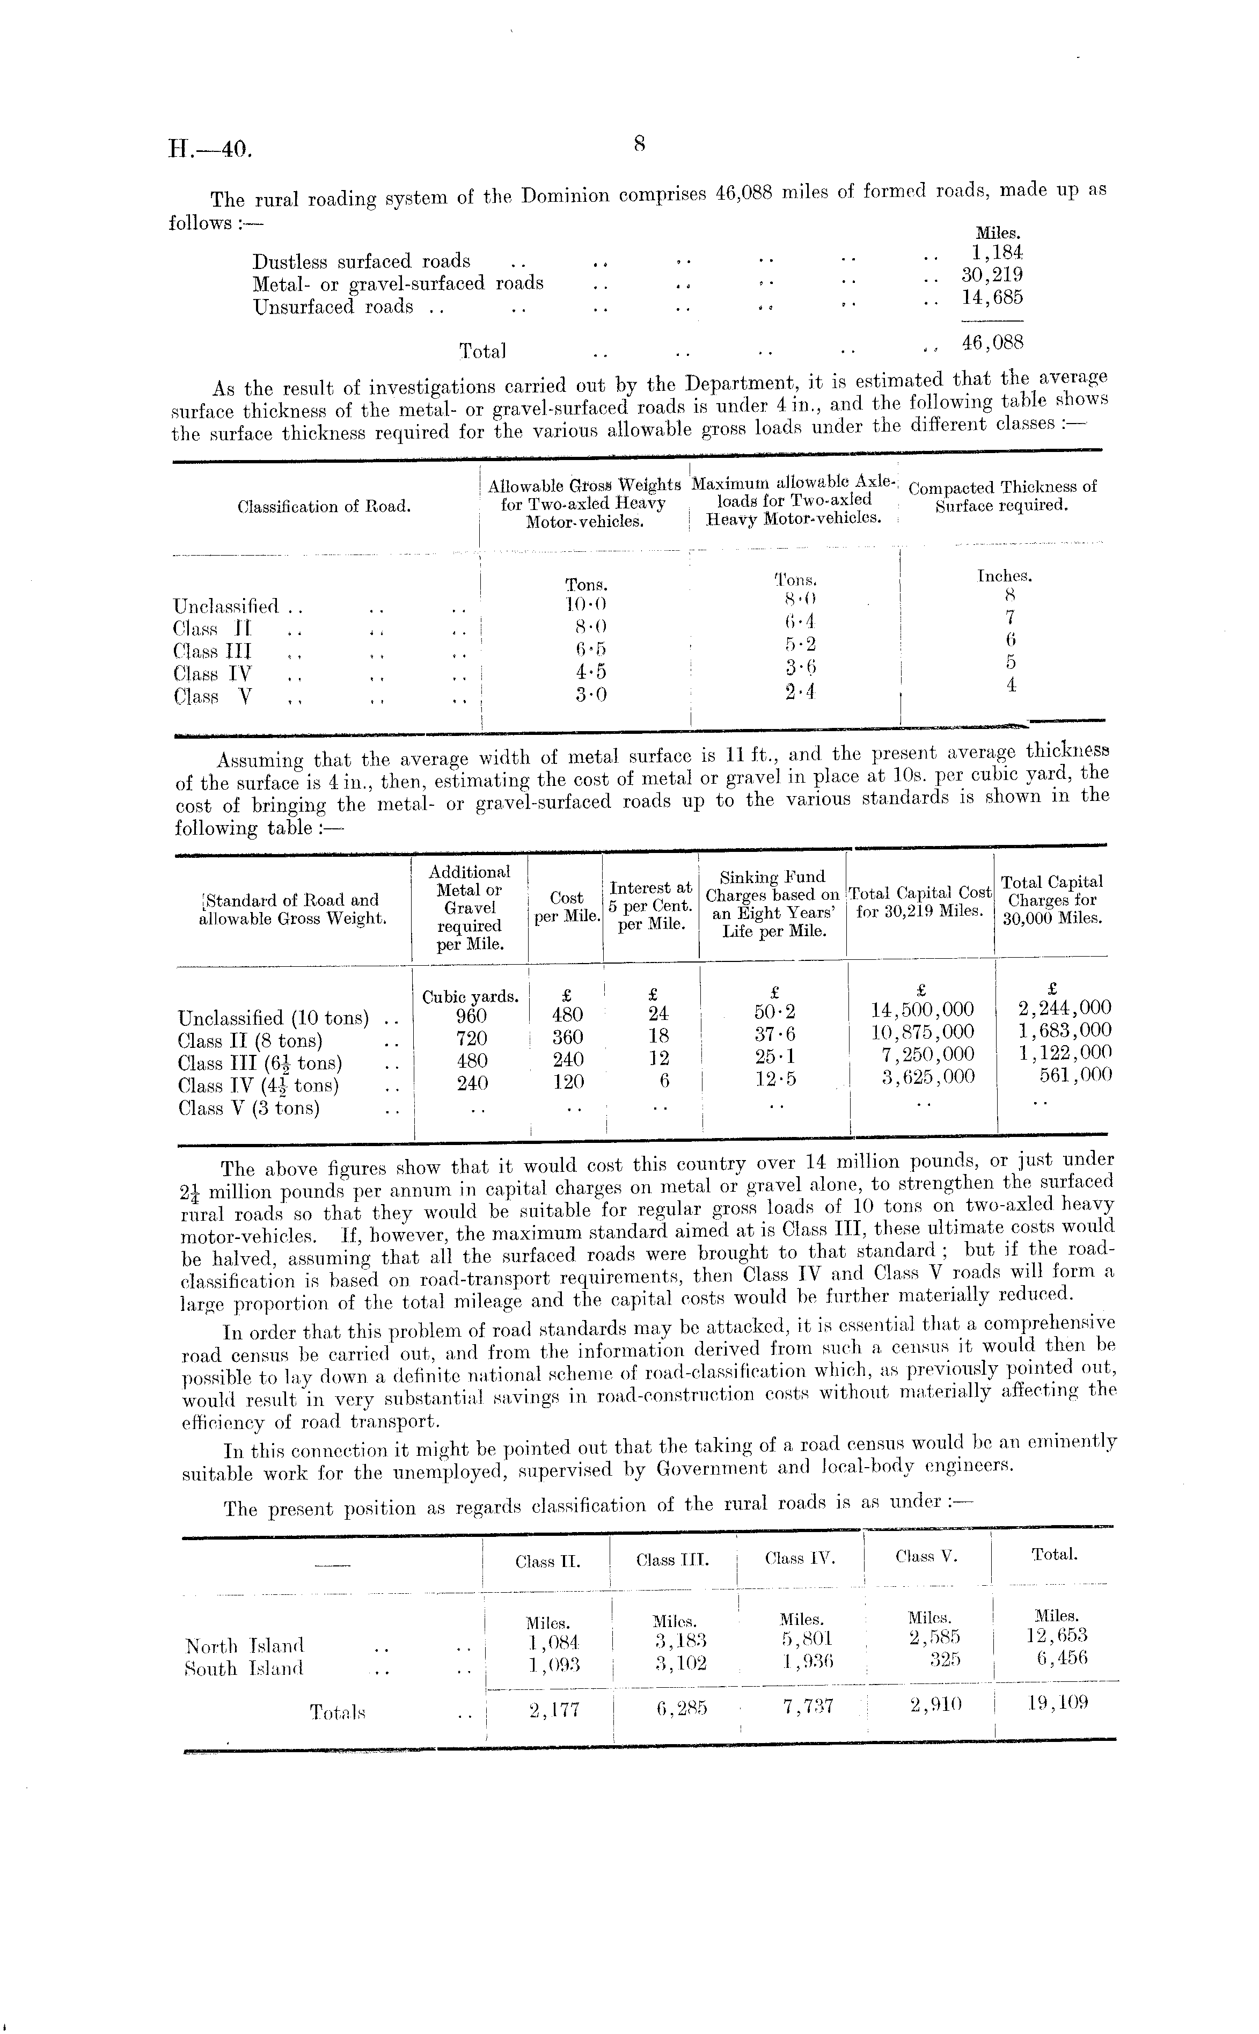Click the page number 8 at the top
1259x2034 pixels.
[x=640, y=144]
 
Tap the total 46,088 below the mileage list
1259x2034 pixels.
[x=993, y=342]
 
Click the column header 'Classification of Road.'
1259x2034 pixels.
[x=324, y=506]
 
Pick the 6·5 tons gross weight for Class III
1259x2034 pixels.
[x=590, y=650]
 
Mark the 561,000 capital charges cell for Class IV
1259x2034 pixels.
[x=1075, y=1075]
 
